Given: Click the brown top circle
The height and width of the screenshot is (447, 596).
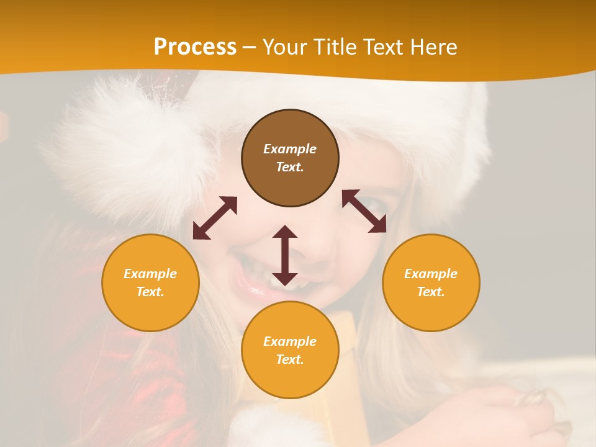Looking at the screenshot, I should (x=290, y=158).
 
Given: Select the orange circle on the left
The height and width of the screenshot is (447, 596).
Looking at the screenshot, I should (x=150, y=282).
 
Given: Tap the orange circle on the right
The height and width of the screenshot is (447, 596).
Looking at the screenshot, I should (x=431, y=282).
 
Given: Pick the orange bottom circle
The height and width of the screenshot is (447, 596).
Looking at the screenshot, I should (x=290, y=350).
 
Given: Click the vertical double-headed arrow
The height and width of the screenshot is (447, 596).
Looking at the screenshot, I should (x=285, y=255).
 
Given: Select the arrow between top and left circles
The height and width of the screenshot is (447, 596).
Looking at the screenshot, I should (x=215, y=218).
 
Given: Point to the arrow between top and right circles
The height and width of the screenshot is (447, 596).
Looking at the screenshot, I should (x=364, y=211).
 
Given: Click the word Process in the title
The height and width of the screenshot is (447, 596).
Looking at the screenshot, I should (x=195, y=47).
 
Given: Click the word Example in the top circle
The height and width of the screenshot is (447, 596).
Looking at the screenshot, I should (x=290, y=149).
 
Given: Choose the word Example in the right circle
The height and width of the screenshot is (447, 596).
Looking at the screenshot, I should (x=431, y=274).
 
